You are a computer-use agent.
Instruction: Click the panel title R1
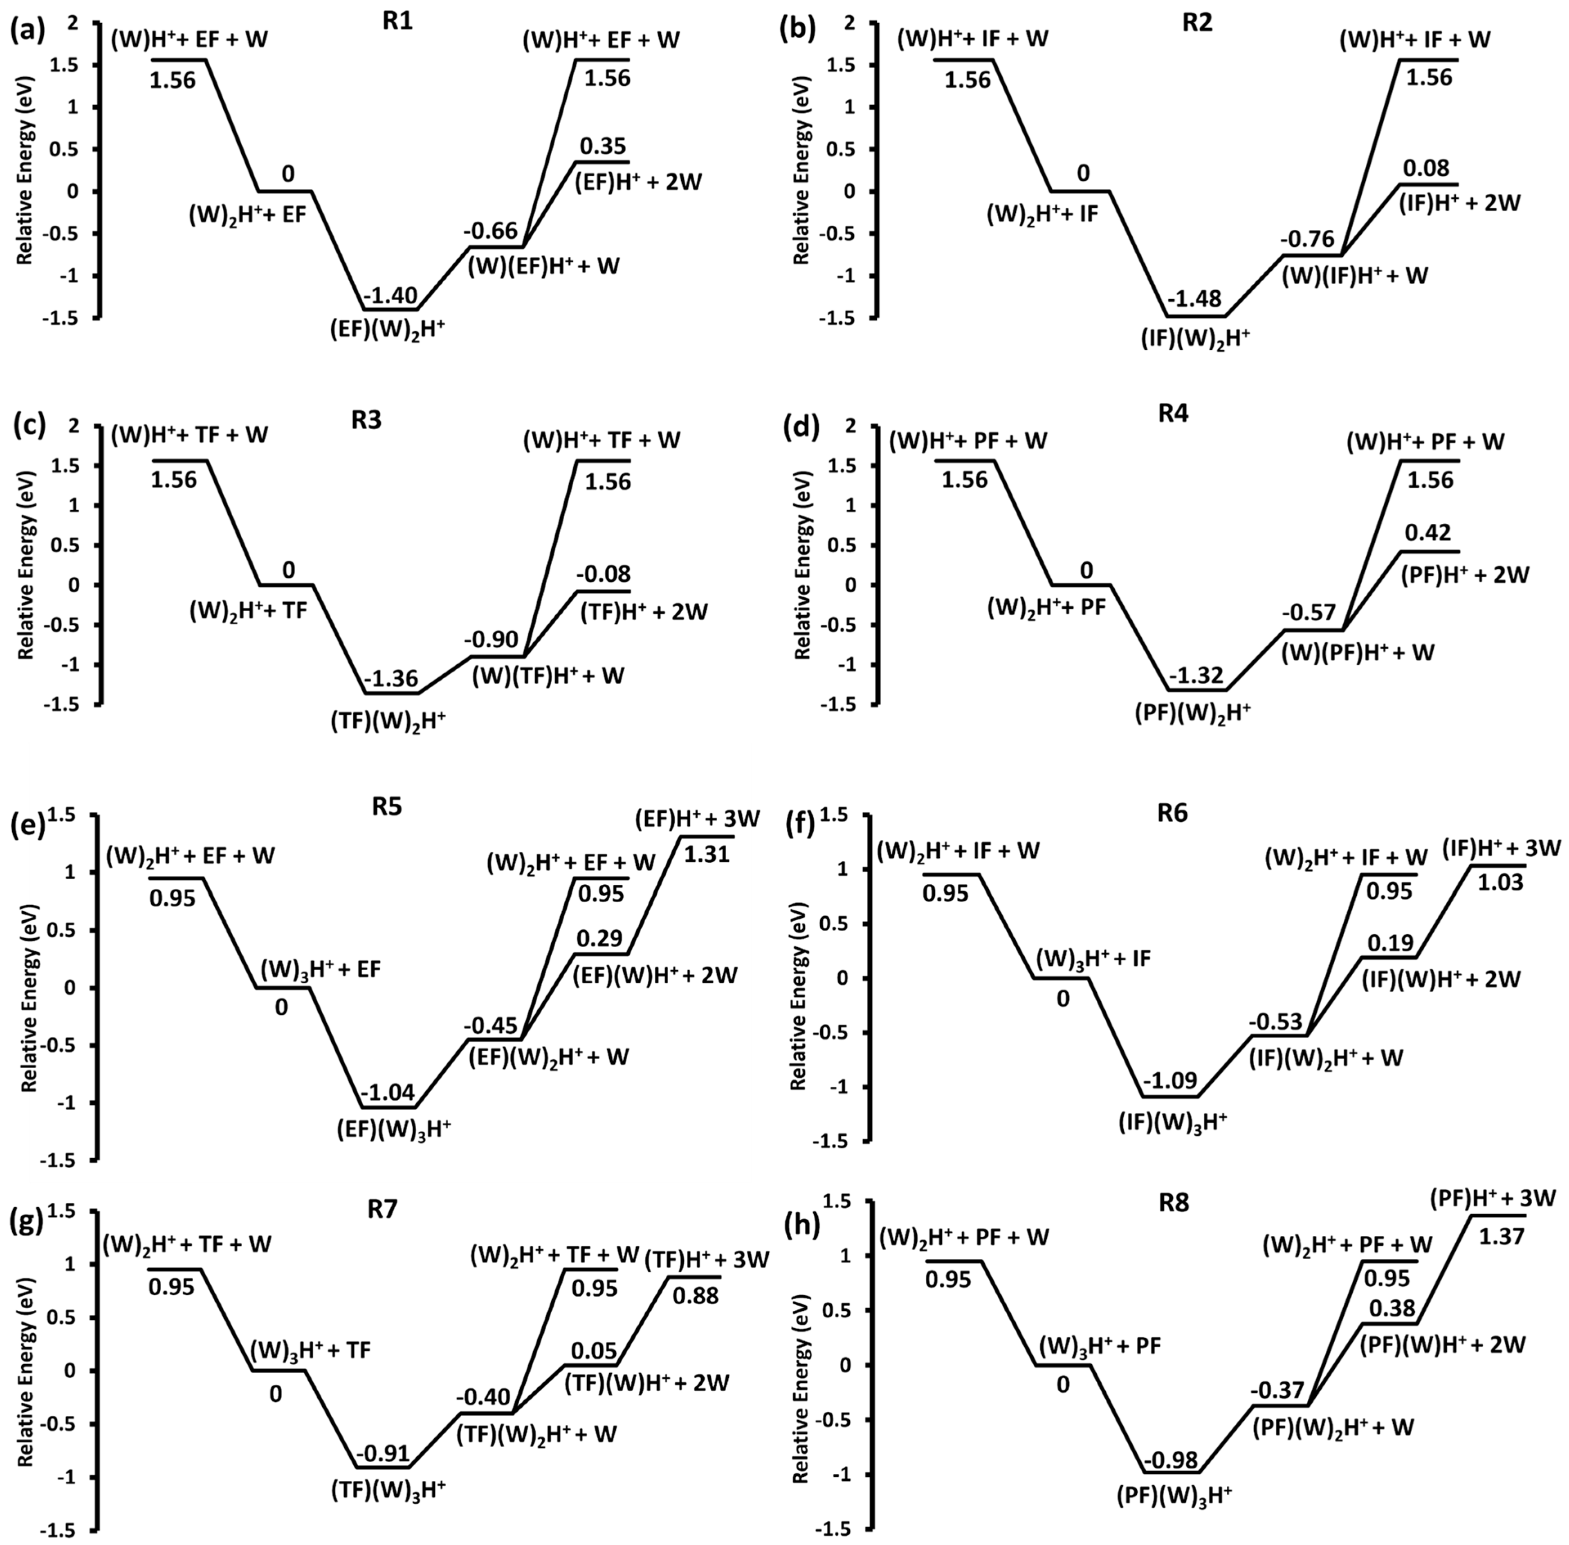(x=398, y=22)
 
